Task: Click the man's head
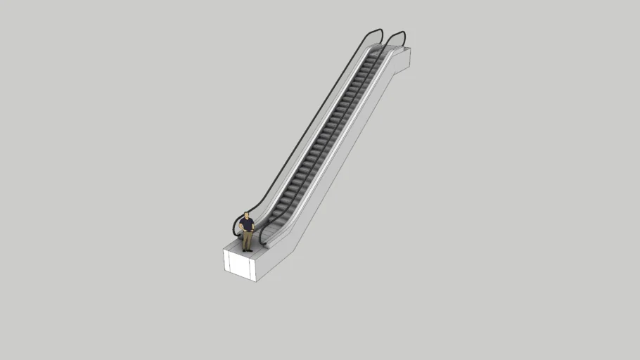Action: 247,214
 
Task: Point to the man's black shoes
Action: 248,250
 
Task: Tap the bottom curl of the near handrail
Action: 262,239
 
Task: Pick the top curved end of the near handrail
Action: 397,33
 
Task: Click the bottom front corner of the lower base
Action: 255,281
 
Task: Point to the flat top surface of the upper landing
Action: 394,51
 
